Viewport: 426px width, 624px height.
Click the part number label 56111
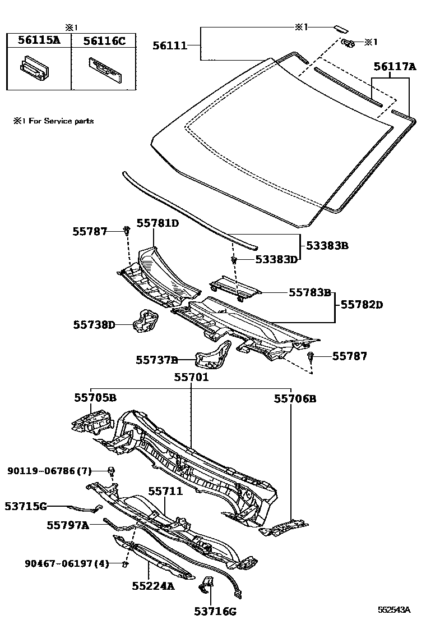tap(170, 45)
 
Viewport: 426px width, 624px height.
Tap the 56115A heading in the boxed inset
tap(39, 40)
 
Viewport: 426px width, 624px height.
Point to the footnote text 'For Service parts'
tap(58, 121)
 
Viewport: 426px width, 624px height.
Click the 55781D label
tap(158, 223)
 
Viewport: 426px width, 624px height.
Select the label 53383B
tap(326, 246)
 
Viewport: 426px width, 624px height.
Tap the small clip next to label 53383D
tap(234, 260)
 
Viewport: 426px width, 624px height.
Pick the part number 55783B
tap(310, 292)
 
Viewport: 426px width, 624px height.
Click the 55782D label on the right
tap(362, 305)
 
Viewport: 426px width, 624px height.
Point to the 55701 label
tap(191, 378)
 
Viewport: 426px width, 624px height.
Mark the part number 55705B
tap(95, 398)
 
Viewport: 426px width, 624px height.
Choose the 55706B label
tap(295, 398)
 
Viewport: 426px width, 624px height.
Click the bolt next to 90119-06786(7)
tap(112, 470)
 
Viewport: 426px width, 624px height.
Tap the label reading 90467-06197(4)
tap(66, 563)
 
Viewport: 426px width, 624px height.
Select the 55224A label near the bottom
tap(154, 586)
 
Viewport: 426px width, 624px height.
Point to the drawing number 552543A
tap(393, 609)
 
